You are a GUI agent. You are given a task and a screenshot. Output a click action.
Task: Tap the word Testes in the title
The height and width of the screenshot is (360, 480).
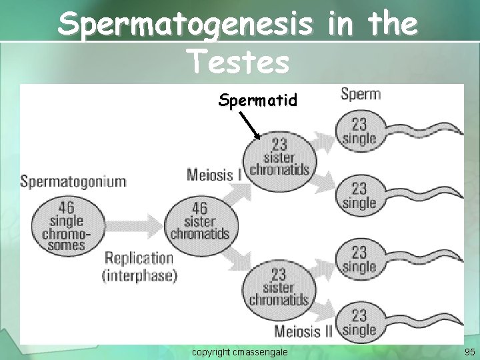239,62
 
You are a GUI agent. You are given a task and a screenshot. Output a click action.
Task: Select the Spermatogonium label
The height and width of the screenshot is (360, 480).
73,181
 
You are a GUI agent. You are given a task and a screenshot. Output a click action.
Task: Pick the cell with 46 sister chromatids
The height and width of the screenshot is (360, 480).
199,222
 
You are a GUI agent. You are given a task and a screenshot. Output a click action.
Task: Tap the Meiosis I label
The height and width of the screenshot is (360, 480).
215,175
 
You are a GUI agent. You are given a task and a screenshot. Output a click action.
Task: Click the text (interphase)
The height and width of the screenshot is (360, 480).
139,274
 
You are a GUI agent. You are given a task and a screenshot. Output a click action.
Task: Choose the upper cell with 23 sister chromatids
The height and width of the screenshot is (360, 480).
279,156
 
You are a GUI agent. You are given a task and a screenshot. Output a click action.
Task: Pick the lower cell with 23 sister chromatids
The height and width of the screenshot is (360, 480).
279,287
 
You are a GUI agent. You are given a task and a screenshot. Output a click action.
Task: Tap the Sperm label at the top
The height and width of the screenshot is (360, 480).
360,93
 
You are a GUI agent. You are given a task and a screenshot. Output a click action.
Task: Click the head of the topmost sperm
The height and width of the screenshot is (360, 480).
359,131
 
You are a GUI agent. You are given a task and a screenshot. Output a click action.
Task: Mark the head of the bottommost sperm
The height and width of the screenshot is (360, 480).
359,322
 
